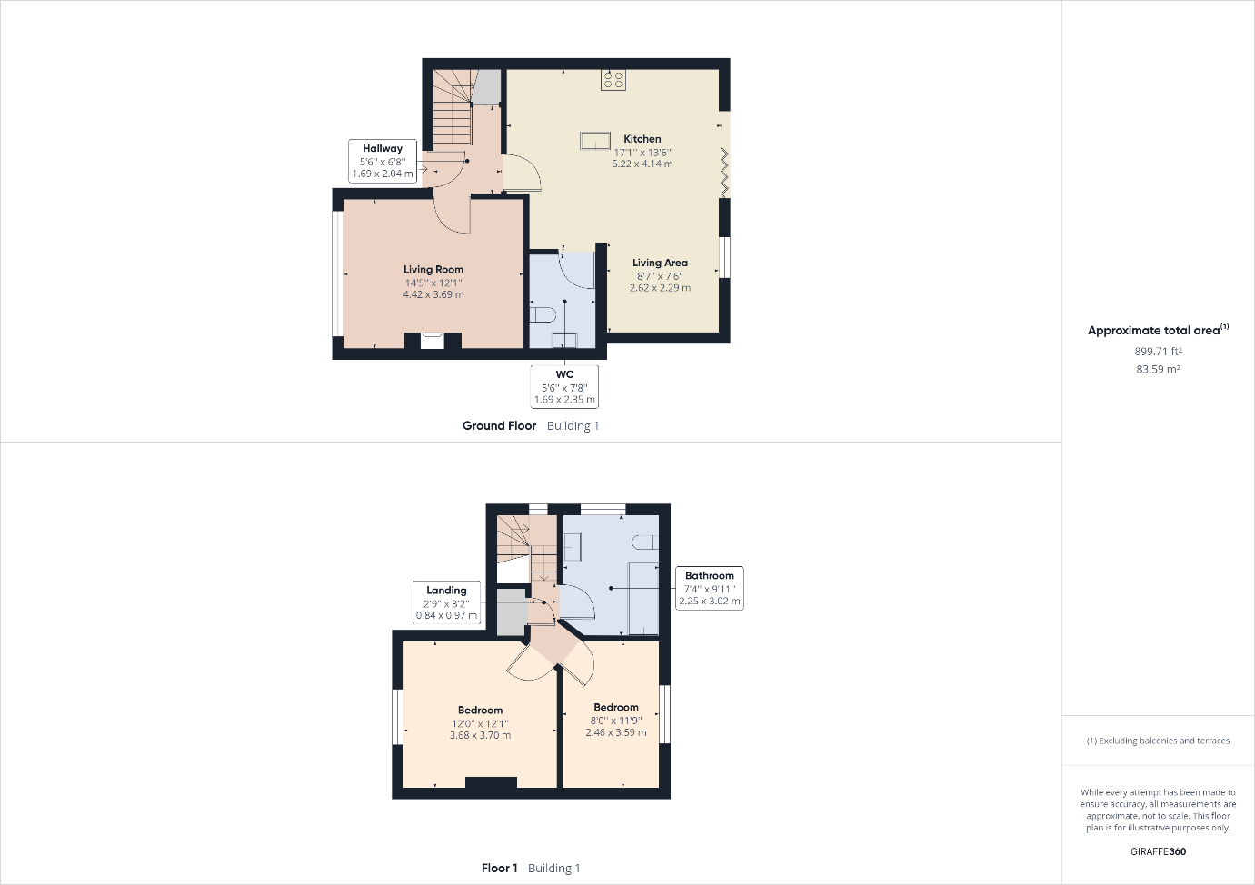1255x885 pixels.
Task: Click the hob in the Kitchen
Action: coord(613,80)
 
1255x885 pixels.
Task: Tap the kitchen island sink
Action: coord(595,141)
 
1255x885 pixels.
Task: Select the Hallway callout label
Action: coord(383,161)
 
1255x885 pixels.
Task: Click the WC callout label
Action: coord(564,386)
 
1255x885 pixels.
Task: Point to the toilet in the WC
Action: coord(542,314)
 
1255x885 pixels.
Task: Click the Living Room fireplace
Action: coord(433,341)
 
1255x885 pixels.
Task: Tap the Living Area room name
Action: coord(660,263)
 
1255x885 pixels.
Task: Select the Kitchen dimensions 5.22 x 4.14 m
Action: coord(642,164)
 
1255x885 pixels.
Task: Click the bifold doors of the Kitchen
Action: coord(724,173)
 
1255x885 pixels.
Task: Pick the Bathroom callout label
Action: coord(710,588)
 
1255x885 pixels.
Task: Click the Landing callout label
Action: coord(446,602)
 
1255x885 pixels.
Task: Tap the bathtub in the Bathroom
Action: coord(643,598)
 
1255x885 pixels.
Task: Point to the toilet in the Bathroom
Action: coord(645,542)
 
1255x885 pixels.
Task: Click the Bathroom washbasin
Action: coord(572,547)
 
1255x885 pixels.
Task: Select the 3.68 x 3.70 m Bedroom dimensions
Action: coord(480,735)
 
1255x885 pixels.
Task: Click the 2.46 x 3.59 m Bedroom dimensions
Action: coord(616,732)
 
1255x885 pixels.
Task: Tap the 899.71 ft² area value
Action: coord(1158,352)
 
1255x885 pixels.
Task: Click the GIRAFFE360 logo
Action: coord(1158,851)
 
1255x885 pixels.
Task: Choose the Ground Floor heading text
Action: coord(499,426)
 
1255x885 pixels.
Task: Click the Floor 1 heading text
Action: coord(500,869)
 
